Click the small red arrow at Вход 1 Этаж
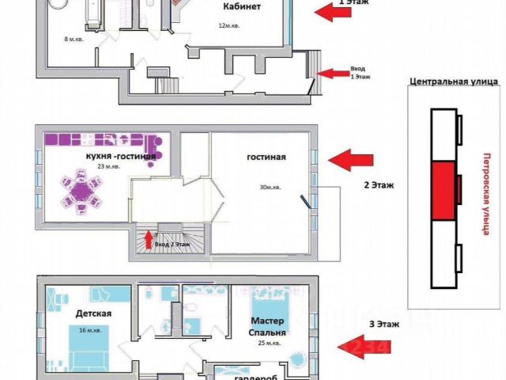click(323, 73)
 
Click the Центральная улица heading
click(453, 82)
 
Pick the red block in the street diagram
click(444, 190)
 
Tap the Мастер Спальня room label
click(269, 327)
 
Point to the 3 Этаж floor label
click(384, 325)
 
